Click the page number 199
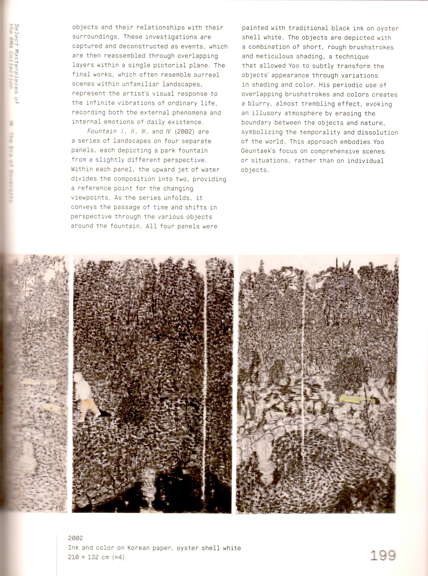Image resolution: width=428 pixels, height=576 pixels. coord(383,555)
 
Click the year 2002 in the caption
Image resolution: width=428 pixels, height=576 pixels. coord(75,538)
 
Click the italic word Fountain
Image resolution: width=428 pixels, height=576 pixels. coord(102,131)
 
